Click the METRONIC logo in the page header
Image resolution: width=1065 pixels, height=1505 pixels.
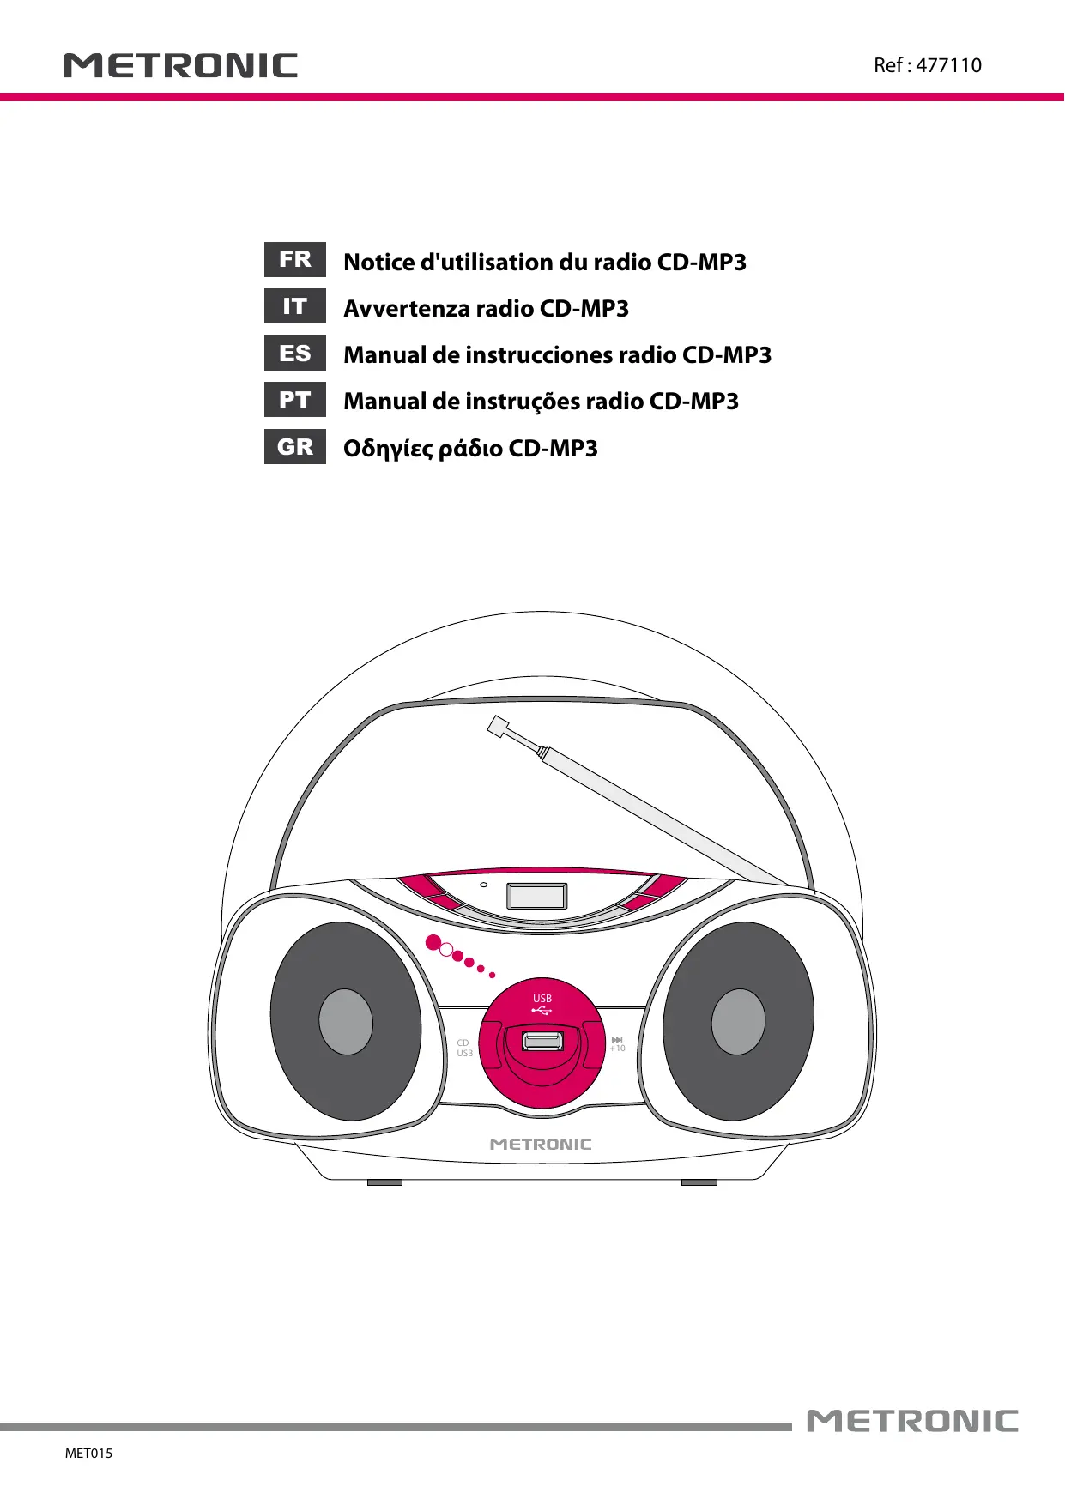click(180, 66)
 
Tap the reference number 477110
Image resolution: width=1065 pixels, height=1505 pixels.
click(948, 65)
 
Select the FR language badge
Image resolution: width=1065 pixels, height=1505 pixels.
click(295, 260)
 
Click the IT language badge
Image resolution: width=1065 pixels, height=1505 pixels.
click(295, 306)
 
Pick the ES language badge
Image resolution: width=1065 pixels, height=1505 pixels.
click(295, 354)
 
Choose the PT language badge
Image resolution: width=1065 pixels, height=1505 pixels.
click(295, 400)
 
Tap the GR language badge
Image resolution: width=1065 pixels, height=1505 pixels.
click(295, 447)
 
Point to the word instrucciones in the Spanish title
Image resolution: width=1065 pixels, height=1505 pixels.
click(538, 355)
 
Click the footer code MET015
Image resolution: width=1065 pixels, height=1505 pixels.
click(88, 1453)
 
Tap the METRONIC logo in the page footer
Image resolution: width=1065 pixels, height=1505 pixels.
click(912, 1421)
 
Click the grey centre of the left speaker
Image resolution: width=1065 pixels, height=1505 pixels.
click(346, 1022)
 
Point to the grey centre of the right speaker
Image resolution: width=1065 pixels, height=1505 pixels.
click(738, 1022)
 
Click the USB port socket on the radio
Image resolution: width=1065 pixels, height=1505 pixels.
click(542, 1042)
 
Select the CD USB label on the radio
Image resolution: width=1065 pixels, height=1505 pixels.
click(464, 1048)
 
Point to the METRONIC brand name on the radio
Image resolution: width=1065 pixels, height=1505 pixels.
click(541, 1145)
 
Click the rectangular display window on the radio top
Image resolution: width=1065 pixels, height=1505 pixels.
click(537, 896)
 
